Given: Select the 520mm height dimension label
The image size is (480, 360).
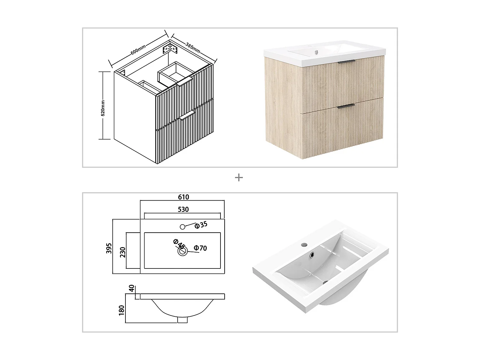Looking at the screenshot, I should click(x=103, y=108).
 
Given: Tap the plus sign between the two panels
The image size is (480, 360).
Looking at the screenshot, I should click(x=239, y=178).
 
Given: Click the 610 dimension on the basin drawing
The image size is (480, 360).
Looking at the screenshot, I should click(x=183, y=197).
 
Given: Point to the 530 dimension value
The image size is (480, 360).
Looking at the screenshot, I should click(x=183, y=209).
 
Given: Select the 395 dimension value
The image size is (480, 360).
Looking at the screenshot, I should click(x=109, y=248).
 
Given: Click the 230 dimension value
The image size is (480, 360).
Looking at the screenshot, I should click(x=123, y=252).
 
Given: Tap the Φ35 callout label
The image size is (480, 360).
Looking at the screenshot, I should click(x=201, y=225).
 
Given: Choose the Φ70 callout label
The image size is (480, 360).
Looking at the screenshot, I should click(x=201, y=248).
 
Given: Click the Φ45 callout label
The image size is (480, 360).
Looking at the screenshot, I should click(x=179, y=244).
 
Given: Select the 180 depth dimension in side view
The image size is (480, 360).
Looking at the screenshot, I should click(x=121, y=309).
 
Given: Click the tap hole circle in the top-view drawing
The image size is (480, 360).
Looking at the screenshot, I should click(x=182, y=227).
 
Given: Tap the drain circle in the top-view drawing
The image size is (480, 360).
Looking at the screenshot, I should click(x=183, y=252).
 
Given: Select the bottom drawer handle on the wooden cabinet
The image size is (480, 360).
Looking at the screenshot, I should click(x=346, y=105).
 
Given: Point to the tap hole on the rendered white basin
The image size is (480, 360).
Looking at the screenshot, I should click(x=304, y=245).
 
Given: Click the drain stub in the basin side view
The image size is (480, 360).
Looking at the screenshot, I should click(x=182, y=320).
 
